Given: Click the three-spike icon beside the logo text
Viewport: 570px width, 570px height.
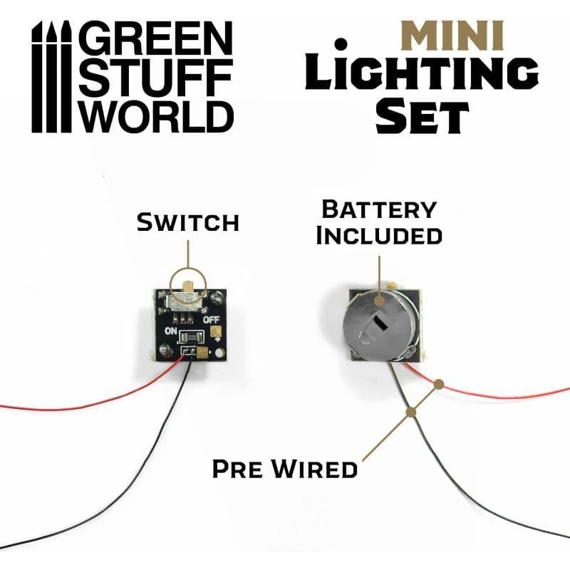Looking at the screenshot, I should (49, 78).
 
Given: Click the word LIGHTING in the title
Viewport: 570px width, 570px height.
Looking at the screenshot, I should (421, 73).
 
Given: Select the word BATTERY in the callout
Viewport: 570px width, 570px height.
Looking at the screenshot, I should (379, 209).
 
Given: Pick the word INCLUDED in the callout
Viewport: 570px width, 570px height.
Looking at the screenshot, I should (379, 235).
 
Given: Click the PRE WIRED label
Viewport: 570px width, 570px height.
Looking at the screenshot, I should (285, 470).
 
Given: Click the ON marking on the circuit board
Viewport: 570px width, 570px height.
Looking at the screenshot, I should (171, 331).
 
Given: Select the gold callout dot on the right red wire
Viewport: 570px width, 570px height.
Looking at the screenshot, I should (440, 384).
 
